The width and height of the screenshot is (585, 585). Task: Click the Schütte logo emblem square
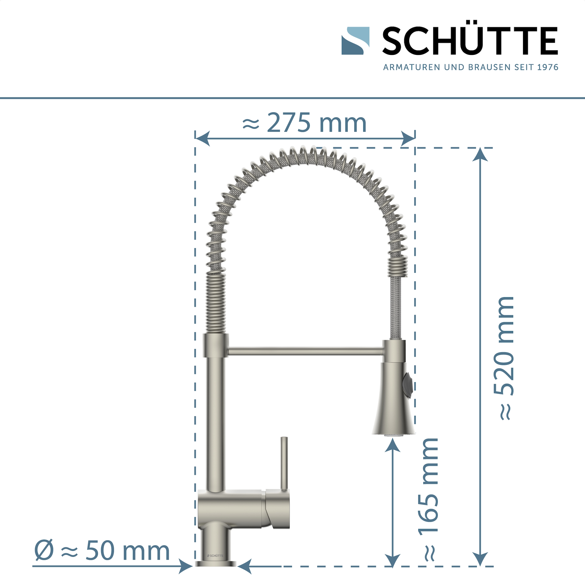355,41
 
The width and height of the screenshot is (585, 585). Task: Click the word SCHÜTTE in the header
470,41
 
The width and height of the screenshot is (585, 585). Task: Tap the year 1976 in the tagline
547,67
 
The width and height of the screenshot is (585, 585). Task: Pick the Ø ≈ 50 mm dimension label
102,550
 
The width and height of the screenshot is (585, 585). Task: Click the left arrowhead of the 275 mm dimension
203,139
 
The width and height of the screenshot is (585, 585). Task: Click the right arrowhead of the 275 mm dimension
408,139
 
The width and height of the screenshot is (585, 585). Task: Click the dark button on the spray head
408,385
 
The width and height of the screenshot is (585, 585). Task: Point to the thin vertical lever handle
284,463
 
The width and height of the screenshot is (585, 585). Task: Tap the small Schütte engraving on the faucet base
215,556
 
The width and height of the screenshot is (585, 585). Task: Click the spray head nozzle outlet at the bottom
393,435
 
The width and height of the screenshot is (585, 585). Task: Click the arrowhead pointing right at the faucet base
185,566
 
